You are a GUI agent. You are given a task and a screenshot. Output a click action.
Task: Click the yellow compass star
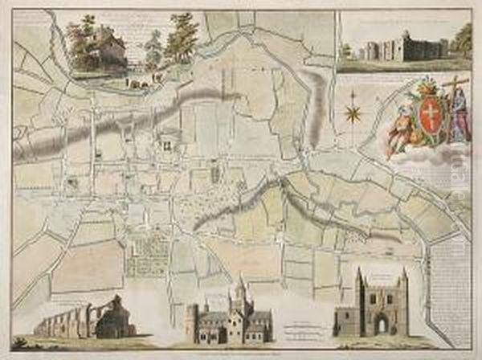click(352, 111)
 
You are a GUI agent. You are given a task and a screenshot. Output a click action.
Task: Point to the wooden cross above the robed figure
click(456, 88)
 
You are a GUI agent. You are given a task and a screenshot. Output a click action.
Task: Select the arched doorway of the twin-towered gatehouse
click(382, 325)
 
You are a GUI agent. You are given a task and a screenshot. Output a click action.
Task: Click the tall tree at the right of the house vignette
click(183, 39)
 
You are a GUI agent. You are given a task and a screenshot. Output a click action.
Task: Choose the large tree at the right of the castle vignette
click(461, 40)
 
